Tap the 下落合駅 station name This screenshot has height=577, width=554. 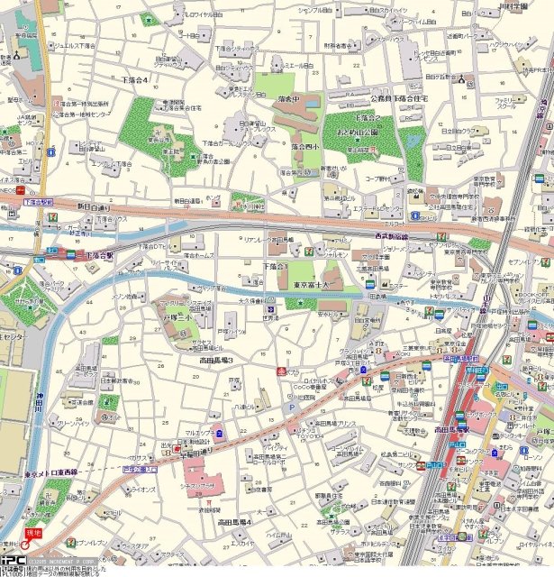98,256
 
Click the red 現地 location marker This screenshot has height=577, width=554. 33,536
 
